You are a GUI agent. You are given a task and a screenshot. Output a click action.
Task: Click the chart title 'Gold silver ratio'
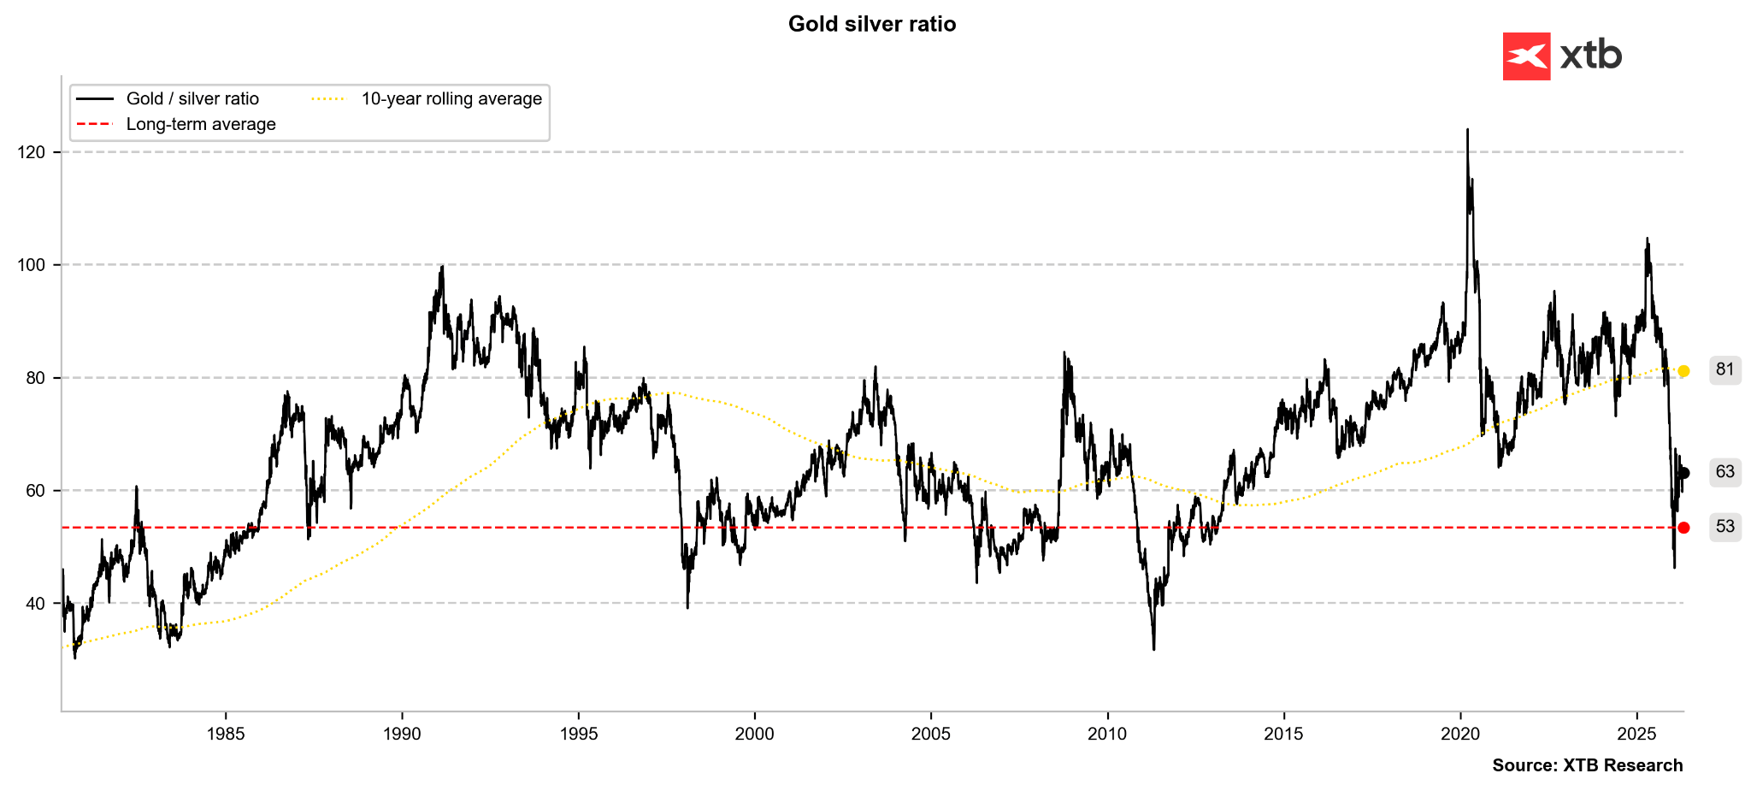871,24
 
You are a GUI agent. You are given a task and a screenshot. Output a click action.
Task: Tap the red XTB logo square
1526,56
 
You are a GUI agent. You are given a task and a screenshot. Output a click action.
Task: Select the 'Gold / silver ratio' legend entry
192,99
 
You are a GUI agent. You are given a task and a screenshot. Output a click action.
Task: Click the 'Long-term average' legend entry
200,125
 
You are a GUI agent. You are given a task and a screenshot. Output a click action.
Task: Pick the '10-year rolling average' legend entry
451,99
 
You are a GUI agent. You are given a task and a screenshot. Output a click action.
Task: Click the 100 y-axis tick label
31,265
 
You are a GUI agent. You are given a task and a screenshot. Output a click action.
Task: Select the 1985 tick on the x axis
226,734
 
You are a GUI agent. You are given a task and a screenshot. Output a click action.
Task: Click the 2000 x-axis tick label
754,734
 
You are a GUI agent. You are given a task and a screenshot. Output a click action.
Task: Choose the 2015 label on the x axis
1283,734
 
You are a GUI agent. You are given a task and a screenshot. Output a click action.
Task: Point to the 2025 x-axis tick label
1636,734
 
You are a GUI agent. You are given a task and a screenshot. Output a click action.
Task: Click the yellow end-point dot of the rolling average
1683,371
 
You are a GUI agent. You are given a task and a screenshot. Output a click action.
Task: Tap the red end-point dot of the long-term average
1683,528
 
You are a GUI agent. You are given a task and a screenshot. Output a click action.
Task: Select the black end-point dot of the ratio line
1683,473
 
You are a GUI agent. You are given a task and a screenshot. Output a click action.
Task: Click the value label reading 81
1724,370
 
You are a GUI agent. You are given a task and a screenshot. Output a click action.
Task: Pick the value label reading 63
1724,472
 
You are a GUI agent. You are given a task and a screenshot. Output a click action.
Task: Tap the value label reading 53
1724,527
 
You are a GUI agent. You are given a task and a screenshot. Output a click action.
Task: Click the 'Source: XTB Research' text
1587,765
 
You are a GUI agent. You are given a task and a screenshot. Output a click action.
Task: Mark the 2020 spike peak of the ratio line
1467,130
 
